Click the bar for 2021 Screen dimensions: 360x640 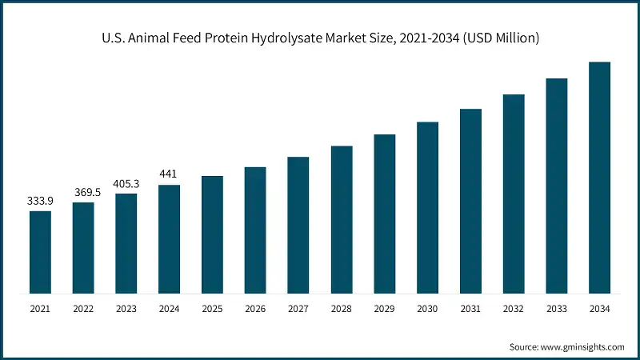(40, 252)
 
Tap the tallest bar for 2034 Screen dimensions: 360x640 (599, 177)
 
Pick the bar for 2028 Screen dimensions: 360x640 (342, 219)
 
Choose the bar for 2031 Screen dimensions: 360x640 (470, 201)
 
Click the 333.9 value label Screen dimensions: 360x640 (40, 200)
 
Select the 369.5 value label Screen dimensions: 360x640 (83, 192)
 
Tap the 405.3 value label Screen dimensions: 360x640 (126, 183)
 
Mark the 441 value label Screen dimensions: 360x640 (169, 174)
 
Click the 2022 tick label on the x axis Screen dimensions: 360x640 (83, 307)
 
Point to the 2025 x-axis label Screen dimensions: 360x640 (212, 307)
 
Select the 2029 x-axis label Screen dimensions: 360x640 (385, 307)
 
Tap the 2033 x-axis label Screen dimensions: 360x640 (557, 307)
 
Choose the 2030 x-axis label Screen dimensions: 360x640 (427, 307)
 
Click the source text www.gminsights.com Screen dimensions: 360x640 (582, 346)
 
